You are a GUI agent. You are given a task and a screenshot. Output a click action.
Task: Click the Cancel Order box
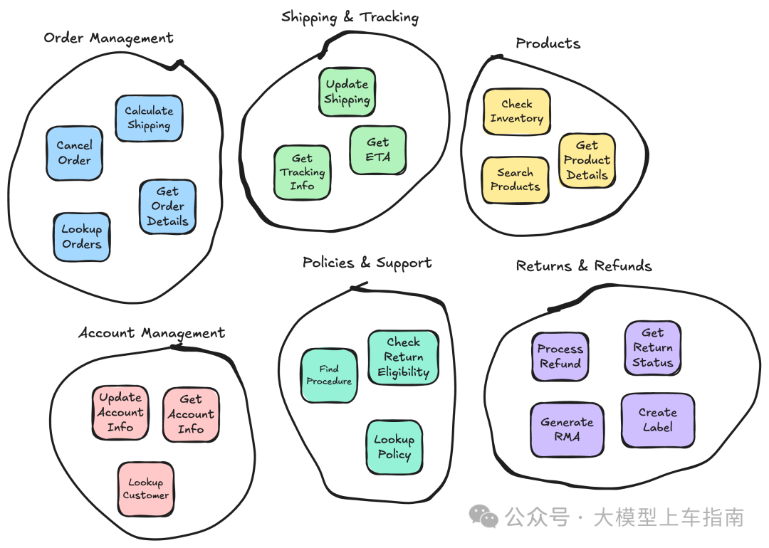point(75,154)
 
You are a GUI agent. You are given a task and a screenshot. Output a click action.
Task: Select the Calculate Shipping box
point(149,118)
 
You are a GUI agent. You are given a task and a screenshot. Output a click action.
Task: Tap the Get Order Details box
point(168,206)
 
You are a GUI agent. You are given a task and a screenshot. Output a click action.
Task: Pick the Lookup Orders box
point(81,237)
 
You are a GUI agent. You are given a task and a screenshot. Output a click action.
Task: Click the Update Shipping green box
point(347,92)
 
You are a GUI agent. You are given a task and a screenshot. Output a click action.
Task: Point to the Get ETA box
point(378,150)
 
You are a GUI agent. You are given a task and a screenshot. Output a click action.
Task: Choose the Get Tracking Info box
point(302,172)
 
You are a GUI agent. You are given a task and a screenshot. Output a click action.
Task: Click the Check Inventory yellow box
point(517,111)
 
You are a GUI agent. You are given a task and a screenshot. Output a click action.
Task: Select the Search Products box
point(516,179)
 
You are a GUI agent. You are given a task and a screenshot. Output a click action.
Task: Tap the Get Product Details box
point(587,160)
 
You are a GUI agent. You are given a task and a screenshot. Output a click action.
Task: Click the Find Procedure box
point(329,376)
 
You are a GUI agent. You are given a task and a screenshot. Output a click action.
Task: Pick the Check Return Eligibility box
point(404,357)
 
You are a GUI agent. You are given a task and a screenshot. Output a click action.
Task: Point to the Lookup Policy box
point(394,447)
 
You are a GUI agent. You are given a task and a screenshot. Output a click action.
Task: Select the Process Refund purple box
point(560,357)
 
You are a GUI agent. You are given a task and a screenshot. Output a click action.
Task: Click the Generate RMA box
point(567,429)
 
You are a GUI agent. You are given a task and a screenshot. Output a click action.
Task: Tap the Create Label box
point(658,420)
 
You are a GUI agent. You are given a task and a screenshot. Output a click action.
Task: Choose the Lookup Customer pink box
point(146,489)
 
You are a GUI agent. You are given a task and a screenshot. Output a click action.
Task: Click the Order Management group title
point(108,38)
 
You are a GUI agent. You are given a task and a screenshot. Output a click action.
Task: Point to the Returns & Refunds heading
point(584,265)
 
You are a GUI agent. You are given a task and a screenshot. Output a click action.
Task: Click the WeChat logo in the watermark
point(483,517)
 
